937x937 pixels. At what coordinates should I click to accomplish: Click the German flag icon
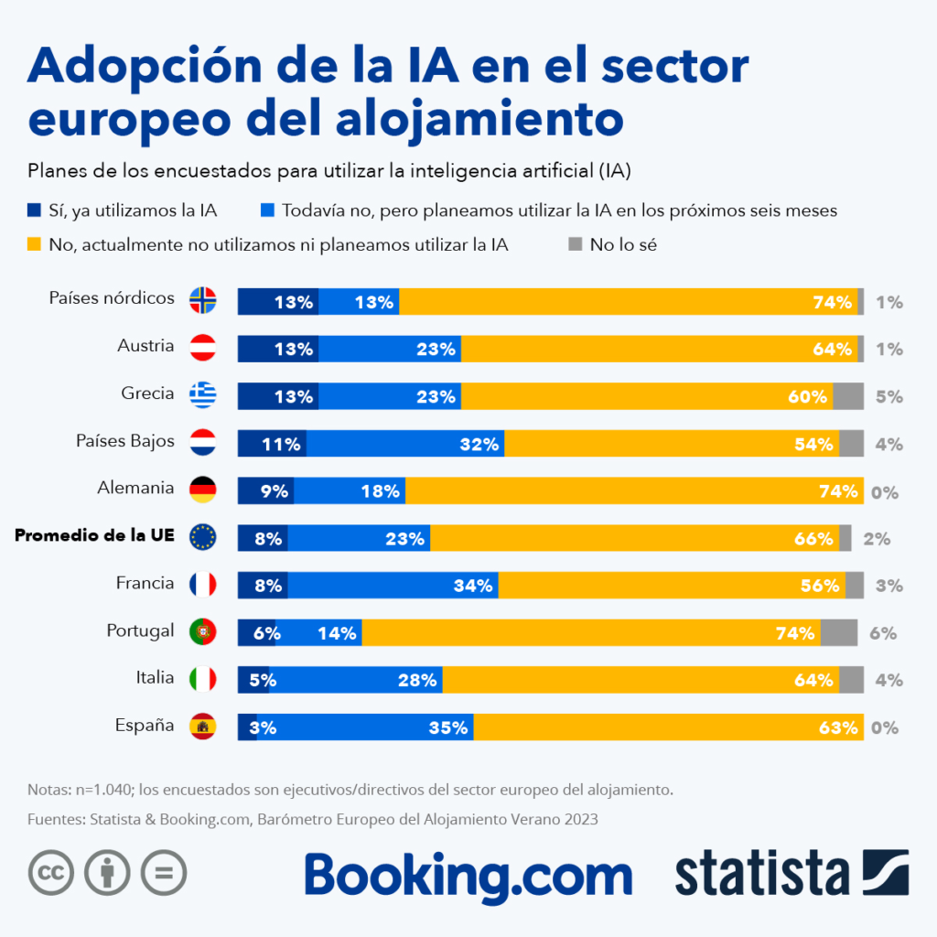coord(202,490)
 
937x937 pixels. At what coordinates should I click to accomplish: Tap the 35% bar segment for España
coord(365,727)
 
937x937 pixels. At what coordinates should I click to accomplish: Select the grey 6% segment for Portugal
coord(839,632)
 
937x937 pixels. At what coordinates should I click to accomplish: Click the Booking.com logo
coord(468,874)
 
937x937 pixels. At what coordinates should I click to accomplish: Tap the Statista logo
coord(792,874)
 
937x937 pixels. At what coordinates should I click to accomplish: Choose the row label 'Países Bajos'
coord(125,441)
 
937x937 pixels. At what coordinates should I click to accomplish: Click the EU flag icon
coord(202,537)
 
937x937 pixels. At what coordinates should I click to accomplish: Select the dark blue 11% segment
coord(272,443)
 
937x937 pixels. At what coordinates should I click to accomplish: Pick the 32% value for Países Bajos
coord(479,445)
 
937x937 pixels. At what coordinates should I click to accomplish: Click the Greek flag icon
coord(202,394)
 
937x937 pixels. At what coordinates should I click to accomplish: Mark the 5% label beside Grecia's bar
coord(889,397)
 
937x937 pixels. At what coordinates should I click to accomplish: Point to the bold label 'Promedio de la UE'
coord(94,536)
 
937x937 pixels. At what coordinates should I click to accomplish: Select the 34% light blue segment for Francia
coord(393,585)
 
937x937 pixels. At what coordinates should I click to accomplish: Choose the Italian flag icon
coord(202,679)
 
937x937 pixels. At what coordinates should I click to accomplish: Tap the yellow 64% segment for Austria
coord(659,348)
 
